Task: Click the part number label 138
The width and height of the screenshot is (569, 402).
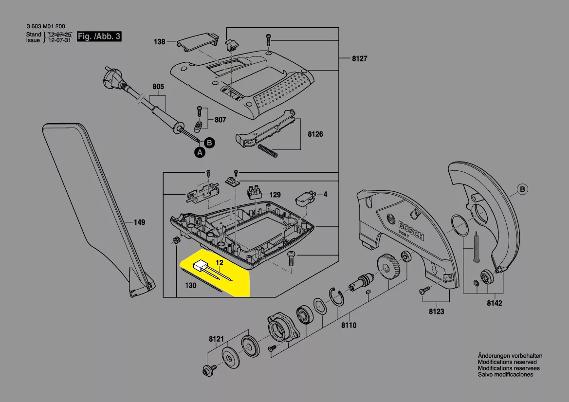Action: tap(159, 42)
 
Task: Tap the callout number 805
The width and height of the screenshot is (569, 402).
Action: tap(158, 86)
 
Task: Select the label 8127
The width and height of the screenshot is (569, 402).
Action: tap(360, 58)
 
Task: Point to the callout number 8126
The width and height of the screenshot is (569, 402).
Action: tap(315, 134)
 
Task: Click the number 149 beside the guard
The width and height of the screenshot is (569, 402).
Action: tap(139, 222)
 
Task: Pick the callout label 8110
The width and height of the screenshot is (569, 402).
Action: tap(349, 325)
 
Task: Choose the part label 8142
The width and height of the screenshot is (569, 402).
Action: tap(495, 303)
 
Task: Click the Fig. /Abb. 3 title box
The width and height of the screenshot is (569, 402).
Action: tap(99, 37)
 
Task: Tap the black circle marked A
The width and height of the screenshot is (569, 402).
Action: tap(200, 152)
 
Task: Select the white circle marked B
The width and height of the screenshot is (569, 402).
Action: tap(523, 189)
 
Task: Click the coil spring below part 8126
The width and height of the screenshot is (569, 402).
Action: tap(267, 150)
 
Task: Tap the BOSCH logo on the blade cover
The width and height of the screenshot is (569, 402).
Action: tap(411, 230)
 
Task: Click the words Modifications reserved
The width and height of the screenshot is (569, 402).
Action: tap(507, 362)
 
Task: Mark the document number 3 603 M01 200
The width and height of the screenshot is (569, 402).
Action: tap(46, 26)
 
